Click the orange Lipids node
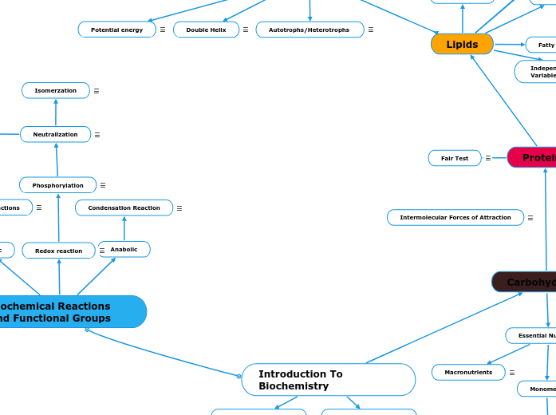click(462, 45)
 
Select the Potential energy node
click(116, 30)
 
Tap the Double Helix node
click(206, 30)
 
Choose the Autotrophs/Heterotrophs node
click(310, 30)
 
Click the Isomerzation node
click(56, 91)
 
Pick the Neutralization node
click(55, 135)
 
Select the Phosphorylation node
click(57, 185)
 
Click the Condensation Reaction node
click(124, 208)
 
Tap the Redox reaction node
click(58, 251)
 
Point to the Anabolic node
click(124, 250)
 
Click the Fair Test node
click(455, 158)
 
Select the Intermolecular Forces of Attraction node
click(455, 218)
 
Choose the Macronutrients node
click(468, 373)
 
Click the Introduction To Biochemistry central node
click(328, 380)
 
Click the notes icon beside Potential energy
click(163, 30)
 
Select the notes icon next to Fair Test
click(488, 158)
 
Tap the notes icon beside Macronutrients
click(512, 373)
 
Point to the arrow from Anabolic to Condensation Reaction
click(124, 229)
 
